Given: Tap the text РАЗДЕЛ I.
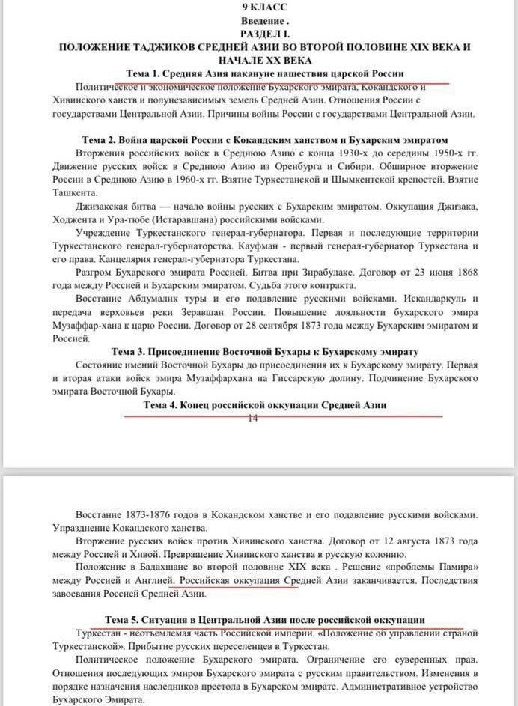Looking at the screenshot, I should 258,34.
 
